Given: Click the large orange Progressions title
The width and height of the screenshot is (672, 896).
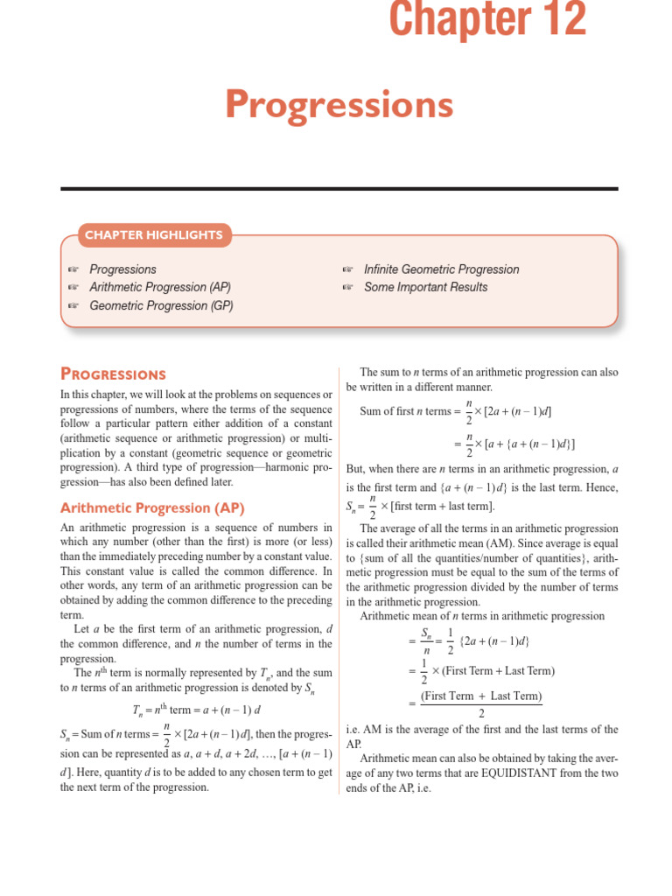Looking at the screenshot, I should pyautogui.click(x=339, y=105).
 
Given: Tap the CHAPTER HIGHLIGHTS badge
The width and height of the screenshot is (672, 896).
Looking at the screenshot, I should pyautogui.click(x=153, y=234).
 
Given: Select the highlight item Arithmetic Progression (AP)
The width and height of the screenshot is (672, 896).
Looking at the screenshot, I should pyautogui.click(x=160, y=287).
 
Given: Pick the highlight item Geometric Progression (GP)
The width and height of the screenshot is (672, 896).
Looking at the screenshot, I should pyautogui.click(x=161, y=305).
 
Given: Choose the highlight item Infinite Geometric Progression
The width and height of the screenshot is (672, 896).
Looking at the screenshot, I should pyautogui.click(x=441, y=269).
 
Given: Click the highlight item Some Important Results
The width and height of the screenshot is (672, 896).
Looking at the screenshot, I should pyautogui.click(x=425, y=287).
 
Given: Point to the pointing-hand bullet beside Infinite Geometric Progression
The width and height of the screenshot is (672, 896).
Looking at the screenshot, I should pyautogui.click(x=347, y=269).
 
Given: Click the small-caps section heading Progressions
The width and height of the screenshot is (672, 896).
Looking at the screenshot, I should pyautogui.click(x=113, y=374).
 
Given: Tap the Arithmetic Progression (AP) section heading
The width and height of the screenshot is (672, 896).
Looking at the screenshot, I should pyautogui.click(x=152, y=507).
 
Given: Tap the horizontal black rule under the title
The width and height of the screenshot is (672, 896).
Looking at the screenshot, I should pyautogui.click(x=339, y=188).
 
